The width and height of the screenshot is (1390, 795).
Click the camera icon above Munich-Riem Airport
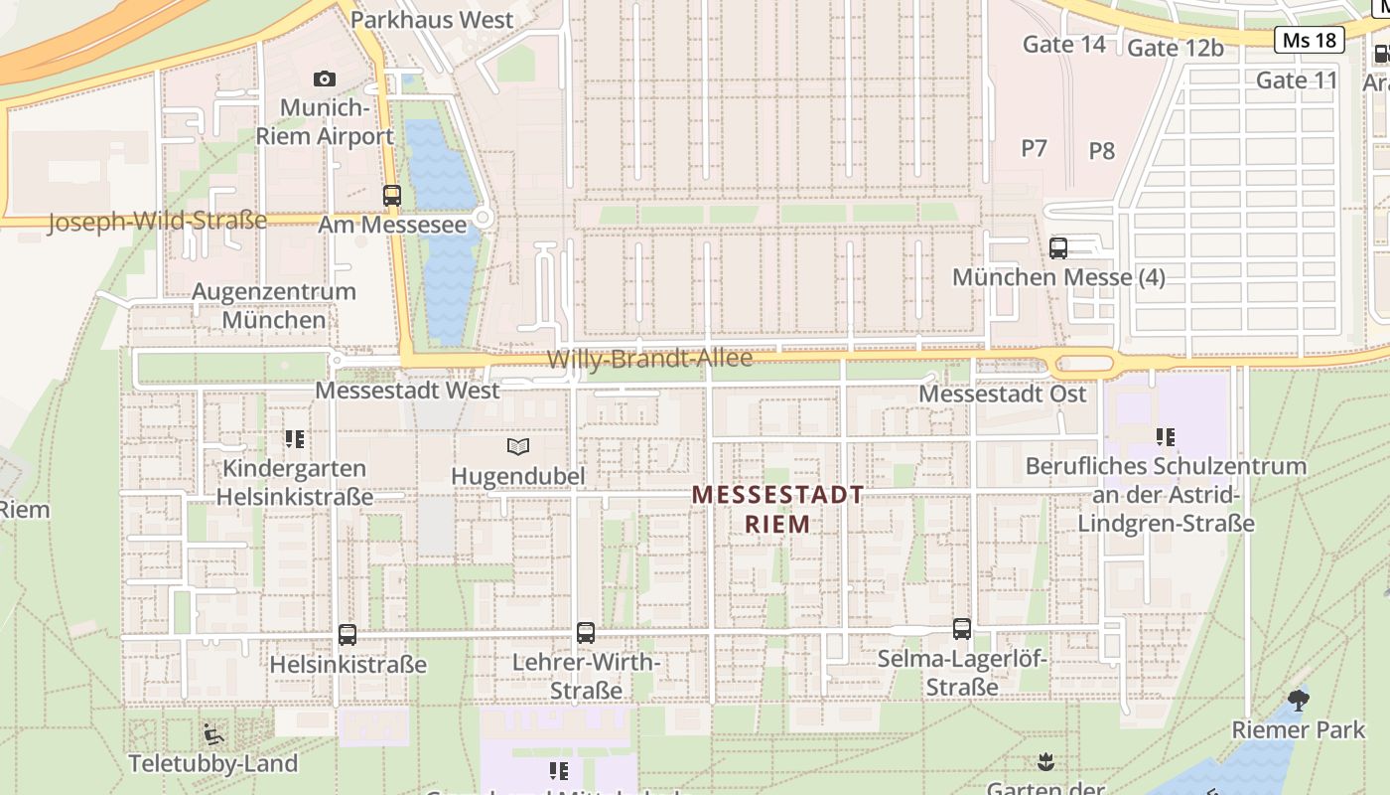(324, 79)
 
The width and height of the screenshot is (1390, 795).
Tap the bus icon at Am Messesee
(392, 196)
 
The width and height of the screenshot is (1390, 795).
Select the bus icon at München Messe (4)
(1058, 247)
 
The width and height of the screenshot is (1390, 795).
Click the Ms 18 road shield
(1309, 40)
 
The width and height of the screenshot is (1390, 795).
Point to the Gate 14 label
(1063, 44)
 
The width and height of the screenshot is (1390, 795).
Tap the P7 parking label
(1034, 148)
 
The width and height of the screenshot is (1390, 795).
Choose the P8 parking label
(1101, 151)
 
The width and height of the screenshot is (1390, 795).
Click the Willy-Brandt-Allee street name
(649, 359)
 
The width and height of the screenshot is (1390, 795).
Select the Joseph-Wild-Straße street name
(157, 221)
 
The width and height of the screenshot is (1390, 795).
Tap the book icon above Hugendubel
(517, 446)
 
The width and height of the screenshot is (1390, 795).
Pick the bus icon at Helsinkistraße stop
(347, 634)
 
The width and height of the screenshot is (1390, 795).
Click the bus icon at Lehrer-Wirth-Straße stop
(586, 632)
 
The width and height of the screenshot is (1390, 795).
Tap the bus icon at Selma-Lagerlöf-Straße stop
(961, 628)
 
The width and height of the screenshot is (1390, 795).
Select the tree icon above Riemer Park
(1298, 700)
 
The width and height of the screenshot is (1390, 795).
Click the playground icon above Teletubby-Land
(212, 734)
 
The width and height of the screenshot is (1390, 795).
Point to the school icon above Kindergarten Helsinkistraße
(294, 438)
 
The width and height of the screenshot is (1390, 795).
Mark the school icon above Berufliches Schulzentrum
(1165, 436)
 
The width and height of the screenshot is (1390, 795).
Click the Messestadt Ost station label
(1002, 394)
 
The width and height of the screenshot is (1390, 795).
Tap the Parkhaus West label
(432, 20)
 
